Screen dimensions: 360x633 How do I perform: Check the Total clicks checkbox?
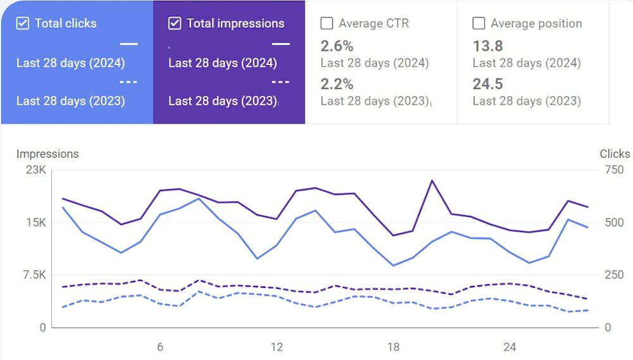click(23, 23)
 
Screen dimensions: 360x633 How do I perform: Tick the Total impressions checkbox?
click(175, 23)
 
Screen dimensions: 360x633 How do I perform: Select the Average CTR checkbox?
click(327, 23)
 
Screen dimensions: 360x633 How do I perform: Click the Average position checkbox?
click(479, 23)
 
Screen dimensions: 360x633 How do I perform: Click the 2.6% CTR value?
click(337, 46)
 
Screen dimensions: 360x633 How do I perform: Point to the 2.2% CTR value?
click(337, 84)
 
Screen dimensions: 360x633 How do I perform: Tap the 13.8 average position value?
click(487, 46)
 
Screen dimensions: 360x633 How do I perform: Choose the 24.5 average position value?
click(488, 84)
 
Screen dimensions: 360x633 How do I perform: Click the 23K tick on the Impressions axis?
click(35, 170)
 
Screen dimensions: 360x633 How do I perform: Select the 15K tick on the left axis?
click(35, 223)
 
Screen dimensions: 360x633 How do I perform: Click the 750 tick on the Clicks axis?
click(613, 170)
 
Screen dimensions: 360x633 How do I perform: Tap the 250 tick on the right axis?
click(613, 275)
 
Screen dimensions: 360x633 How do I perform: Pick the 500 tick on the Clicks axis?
click(613, 223)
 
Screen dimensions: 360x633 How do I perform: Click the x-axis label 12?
click(277, 347)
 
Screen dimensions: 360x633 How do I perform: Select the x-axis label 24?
click(510, 347)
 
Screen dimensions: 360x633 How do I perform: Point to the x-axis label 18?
click(393, 347)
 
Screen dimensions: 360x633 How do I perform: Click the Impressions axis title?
click(47, 154)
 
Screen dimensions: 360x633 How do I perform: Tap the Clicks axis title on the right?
click(615, 154)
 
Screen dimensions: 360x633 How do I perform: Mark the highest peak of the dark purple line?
click(432, 181)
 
